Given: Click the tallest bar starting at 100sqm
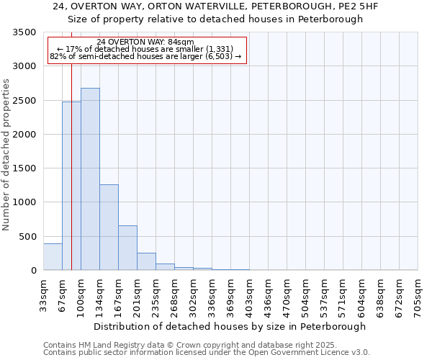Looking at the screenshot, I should click(90, 179).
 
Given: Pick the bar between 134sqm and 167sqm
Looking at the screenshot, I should click(109, 228).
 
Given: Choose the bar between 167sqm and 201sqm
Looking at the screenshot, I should click(127, 248).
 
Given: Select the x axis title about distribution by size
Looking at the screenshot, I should click(230, 326).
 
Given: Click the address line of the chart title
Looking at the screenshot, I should click(215, 6).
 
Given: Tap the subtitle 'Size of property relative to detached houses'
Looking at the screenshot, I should click(215, 19).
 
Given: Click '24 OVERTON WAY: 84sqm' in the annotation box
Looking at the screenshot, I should click(145, 42).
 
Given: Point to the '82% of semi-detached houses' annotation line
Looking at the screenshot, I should click(145, 57).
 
